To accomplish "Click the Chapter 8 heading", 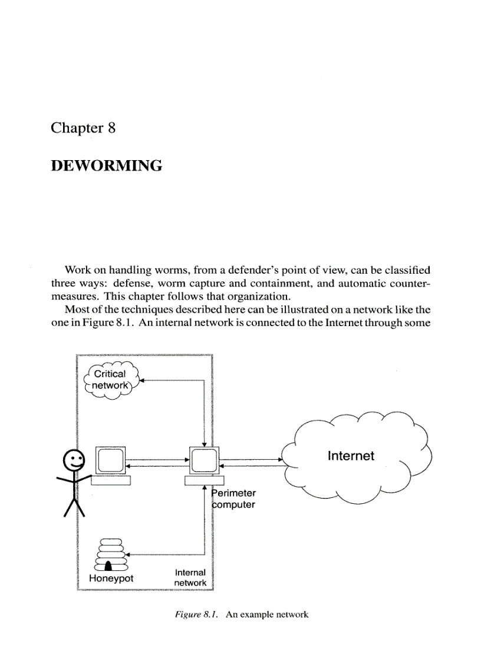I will (x=83, y=128).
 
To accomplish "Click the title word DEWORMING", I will (x=106, y=167).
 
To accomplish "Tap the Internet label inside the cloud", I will (x=351, y=456).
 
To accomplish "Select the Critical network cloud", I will (x=110, y=381).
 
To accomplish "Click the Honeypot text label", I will (x=111, y=578).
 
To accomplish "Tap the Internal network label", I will (x=190, y=577).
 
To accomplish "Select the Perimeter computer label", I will (x=234, y=499).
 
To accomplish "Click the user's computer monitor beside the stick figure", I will (x=111, y=459).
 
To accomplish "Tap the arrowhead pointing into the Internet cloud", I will (x=280, y=459).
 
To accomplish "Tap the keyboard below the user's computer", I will (x=110, y=480).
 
